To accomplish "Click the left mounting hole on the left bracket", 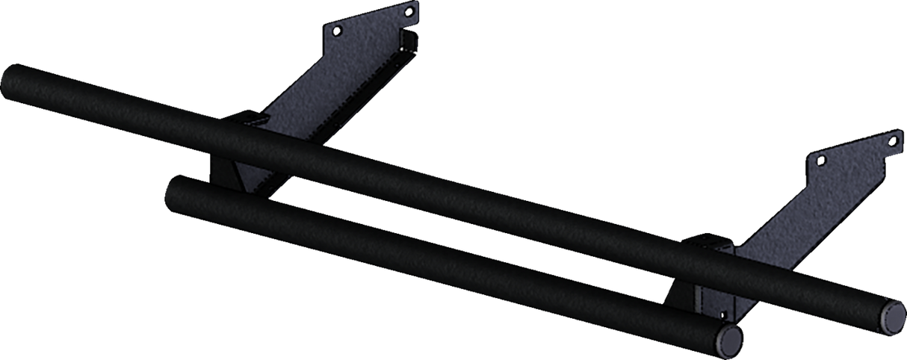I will pos(337,31).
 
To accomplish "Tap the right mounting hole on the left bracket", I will pos(408,11).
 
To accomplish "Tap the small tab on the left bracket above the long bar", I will pos(251,117).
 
